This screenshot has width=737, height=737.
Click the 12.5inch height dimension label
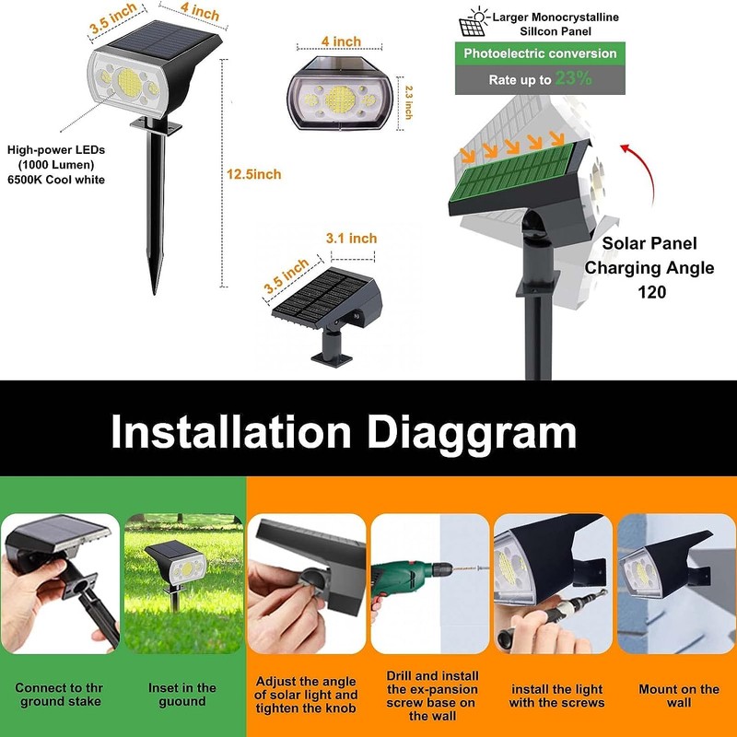tap(254, 174)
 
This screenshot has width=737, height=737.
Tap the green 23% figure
tap(573, 79)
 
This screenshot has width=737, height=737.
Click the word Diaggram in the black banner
tap(472, 432)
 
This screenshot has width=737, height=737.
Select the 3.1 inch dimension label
tap(351, 239)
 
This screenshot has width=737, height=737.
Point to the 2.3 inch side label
tap(409, 102)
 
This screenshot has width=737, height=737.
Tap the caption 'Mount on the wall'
tap(679, 696)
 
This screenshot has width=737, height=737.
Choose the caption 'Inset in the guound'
tap(182, 694)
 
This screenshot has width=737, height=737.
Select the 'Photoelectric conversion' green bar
tap(540, 53)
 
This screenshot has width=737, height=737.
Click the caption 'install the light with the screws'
tap(557, 696)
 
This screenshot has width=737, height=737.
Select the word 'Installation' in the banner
tap(230, 432)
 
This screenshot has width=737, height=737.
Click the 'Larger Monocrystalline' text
tap(555, 18)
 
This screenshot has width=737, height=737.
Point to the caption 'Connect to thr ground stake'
tap(59, 695)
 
